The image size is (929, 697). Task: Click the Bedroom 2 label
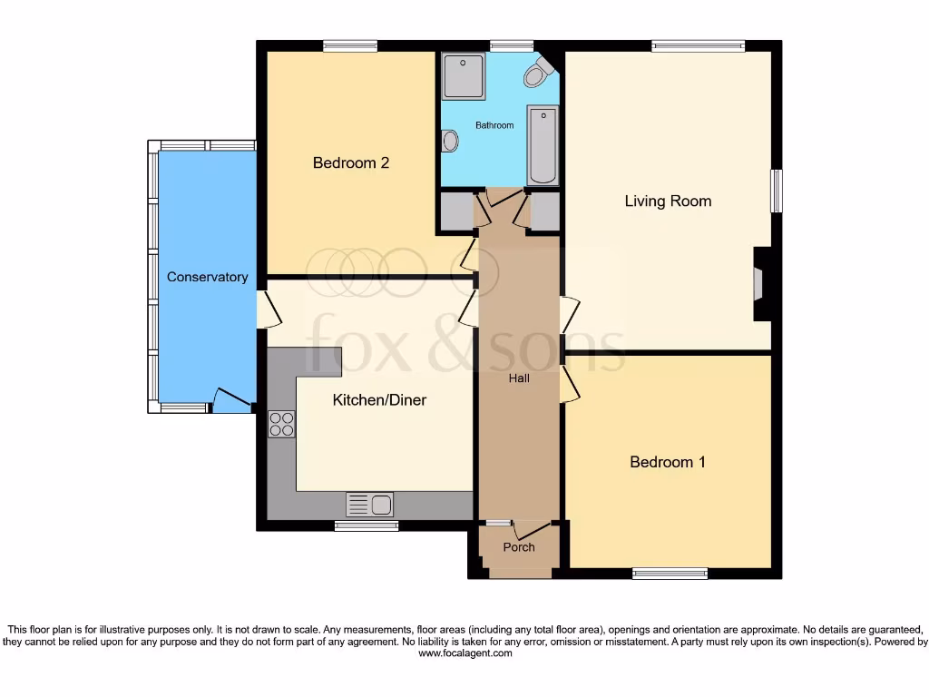coord(350,163)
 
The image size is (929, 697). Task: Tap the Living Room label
coord(668,201)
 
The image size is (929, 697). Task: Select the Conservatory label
coord(207,277)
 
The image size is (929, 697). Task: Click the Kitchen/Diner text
coord(379,400)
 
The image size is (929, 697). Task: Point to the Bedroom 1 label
coord(668,462)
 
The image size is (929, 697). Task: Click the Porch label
coord(519,547)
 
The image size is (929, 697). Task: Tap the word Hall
coord(519,378)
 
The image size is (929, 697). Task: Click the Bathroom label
coord(494,125)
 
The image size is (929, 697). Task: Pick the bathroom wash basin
coord(449,141)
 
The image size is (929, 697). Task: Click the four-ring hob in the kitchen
coord(281,424)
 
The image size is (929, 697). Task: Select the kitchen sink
coord(369,504)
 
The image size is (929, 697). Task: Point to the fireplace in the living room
coord(758,284)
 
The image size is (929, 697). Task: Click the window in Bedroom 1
coord(670,573)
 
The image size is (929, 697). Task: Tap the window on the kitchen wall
coord(366,525)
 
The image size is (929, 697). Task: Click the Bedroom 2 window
coord(350,45)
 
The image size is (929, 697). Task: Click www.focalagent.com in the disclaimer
coord(464,653)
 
